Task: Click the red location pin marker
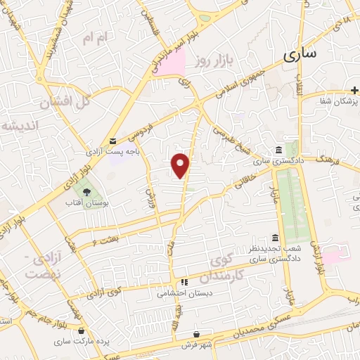[181, 164]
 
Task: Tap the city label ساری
[301, 53]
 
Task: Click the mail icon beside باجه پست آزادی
[113, 141]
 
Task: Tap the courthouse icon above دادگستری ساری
[280, 150]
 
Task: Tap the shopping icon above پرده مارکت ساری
[82, 330]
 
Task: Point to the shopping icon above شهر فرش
[198, 335]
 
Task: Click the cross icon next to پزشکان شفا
[355, 90]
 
